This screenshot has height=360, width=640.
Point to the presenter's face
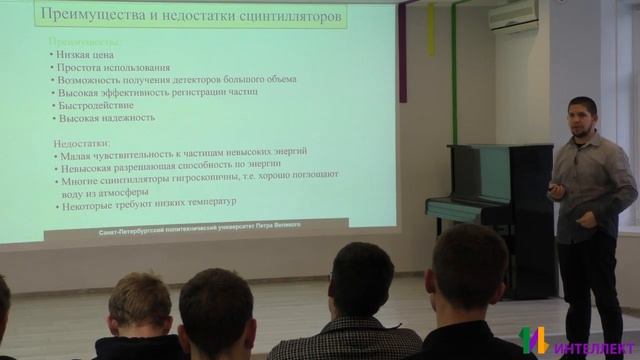tap(581, 117)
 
